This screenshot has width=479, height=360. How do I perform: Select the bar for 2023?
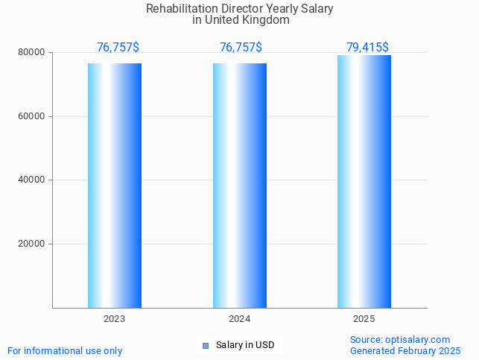[x=115, y=186]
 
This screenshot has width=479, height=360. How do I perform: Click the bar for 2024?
[x=240, y=186]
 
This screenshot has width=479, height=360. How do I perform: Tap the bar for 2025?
[x=364, y=182]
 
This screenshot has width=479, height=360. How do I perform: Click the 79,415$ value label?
[x=367, y=48]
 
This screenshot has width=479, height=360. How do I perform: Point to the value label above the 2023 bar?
[x=118, y=48]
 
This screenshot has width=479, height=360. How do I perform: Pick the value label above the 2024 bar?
[x=241, y=48]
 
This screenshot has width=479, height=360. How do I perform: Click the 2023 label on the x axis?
[x=115, y=319]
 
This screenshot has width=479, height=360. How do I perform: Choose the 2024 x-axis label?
[x=240, y=319]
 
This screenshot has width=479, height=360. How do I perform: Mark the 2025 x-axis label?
[x=364, y=319]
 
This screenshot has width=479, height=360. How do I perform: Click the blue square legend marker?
[x=206, y=345]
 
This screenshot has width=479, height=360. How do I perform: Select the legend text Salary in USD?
[x=245, y=345]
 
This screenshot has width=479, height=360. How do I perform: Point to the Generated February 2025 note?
[x=405, y=350]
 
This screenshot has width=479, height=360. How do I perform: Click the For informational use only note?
[x=65, y=350]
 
